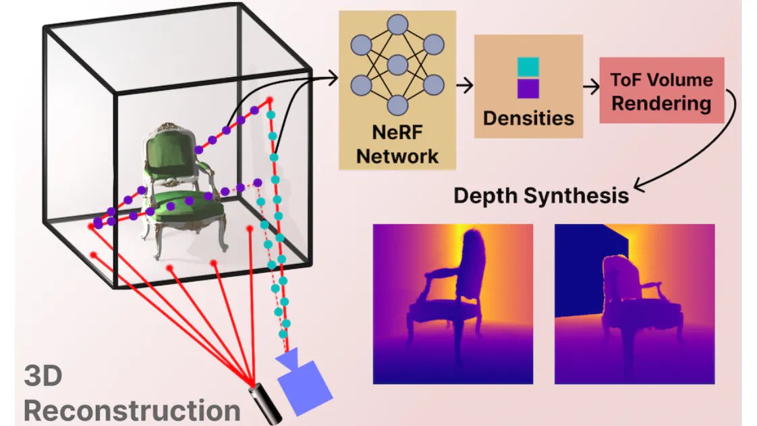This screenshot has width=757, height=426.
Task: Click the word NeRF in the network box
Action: point(397,132)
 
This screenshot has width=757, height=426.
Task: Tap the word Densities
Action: point(529,118)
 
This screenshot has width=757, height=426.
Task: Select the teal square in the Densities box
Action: point(528,67)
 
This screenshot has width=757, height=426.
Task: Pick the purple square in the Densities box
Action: point(528,88)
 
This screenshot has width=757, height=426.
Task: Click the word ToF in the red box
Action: point(627,80)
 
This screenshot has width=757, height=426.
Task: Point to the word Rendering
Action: point(661,103)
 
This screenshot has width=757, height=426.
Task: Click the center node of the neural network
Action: point(397,65)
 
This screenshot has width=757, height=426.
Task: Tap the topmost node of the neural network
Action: point(397,24)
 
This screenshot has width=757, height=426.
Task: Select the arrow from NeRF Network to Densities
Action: point(464,86)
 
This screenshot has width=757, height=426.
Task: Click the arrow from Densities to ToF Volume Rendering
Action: point(591,87)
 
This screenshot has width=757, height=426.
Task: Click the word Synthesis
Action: point(576,196)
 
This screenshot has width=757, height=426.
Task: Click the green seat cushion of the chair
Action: point(186,206)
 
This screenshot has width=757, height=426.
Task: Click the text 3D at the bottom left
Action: point(43,376)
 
